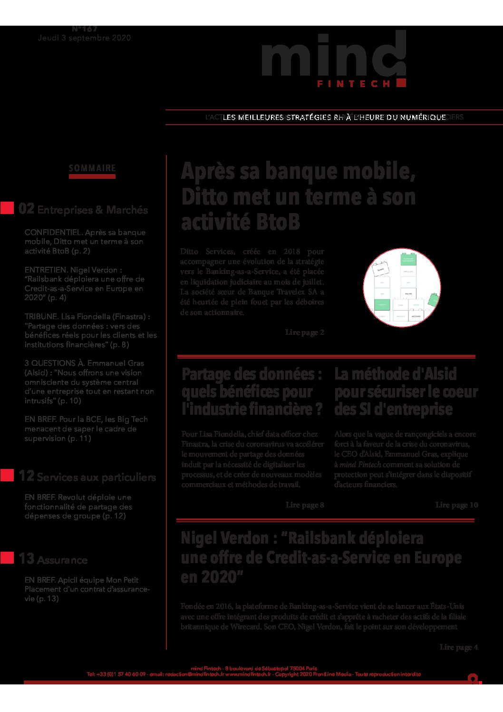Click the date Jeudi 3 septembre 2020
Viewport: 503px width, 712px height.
click(85, 38)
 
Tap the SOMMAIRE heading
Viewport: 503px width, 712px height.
click(92, 168)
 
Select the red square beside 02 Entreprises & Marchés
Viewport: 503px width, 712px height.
click(7, 208)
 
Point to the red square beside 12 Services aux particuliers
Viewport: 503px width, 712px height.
click(7, 475)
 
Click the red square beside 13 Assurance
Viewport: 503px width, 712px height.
click(7, 558)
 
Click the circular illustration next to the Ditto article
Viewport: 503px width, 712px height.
click(402, 287)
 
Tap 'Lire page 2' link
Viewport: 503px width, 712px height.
click(304, 332)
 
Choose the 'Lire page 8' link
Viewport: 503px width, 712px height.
click(304, 505)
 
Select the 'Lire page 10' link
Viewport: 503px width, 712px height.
click(456, 505)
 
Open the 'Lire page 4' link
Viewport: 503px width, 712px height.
click(458, 647)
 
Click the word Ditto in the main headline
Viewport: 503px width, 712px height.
click(201, 197)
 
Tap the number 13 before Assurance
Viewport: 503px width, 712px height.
click(26, 559)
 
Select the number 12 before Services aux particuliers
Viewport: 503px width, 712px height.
click(26, 476)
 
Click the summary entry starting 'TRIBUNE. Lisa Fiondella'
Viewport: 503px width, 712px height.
click(90, 331)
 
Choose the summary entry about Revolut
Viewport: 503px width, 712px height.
click(78, 507)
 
